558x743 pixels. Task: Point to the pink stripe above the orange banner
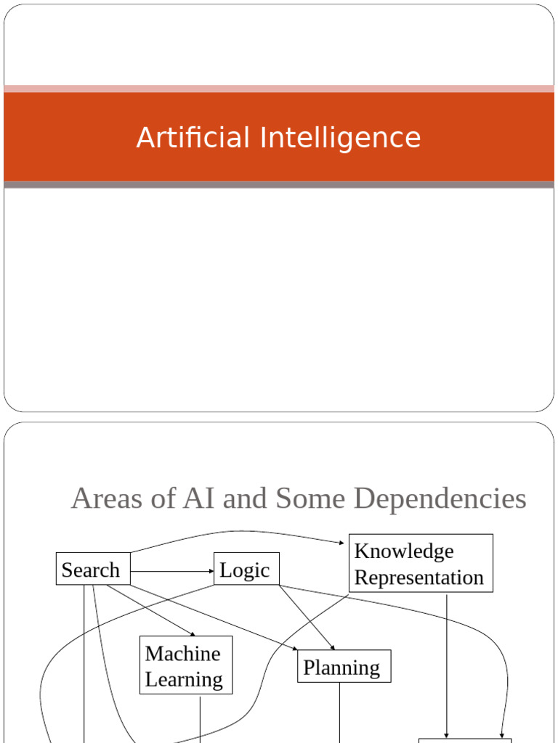pyautogui.click(x=279, y=89)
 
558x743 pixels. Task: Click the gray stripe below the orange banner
pyautogui.click(x=279, y=185)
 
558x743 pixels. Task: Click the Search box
pyautogui.click(x=93, y=570)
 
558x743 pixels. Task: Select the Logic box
pyautogui.click(x=246, y=570)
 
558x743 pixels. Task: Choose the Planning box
pyautogui.click(x=343, y=667)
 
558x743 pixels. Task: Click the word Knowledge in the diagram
pyautogui.click(x=403, y=551)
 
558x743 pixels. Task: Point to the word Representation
pyautogui.click(x=418, y=578)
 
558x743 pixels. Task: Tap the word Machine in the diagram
pyautogui.click(x=182, y=654)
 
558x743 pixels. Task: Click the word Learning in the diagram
pyautogui.click(x=184, y=680)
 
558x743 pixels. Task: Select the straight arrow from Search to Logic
pyautogui.click(x=171, y=572)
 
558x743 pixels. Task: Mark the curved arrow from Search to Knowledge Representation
pyautogui.click(x=232, y=532)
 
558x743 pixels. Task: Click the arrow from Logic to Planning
pyautogui.click(x=307, y=617)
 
